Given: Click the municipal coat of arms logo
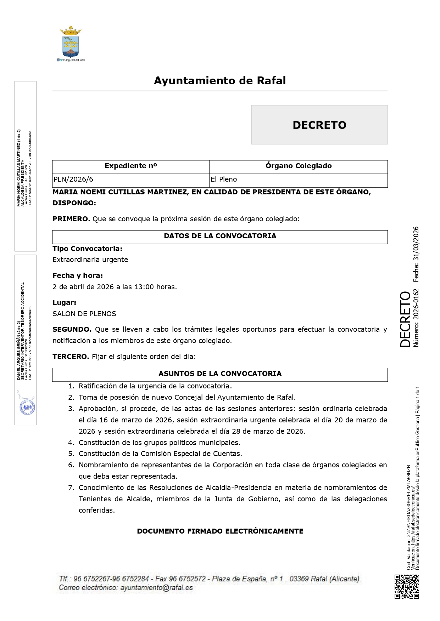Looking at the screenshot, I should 71,42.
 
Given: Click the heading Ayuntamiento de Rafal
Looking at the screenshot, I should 220,81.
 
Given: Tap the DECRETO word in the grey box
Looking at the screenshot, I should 319,125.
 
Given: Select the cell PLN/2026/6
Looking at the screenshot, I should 73,180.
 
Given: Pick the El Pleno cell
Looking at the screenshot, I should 224,180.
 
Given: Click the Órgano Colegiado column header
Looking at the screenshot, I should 298,166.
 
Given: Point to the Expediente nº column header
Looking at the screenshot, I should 130,166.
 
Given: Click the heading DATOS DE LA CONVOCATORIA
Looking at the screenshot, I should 220,236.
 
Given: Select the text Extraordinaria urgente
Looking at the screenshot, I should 90,260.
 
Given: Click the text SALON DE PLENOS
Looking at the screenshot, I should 84,314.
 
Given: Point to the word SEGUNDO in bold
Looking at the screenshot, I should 72,330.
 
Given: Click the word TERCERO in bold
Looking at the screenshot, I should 71,357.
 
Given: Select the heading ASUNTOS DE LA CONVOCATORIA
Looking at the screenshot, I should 220,374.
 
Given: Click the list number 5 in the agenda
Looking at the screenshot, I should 71,454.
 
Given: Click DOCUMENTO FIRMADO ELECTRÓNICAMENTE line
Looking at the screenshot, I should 220,531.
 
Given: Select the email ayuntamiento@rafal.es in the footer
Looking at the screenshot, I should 156,588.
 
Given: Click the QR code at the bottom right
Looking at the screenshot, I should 407,587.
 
